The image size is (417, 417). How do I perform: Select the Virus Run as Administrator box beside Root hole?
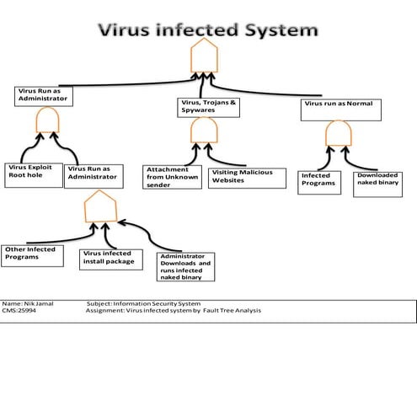(96, 174)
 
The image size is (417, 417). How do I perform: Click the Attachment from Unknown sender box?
(171, 177)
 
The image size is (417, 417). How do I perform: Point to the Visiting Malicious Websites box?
(245, 175)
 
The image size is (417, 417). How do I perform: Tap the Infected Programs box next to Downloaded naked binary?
(318, 181)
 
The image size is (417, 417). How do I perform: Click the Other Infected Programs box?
(33, 254)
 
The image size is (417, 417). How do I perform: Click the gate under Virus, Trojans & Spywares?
(205, 131)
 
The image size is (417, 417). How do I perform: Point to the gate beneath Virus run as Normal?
(339, 135)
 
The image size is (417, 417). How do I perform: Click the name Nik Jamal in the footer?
(33, 303)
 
